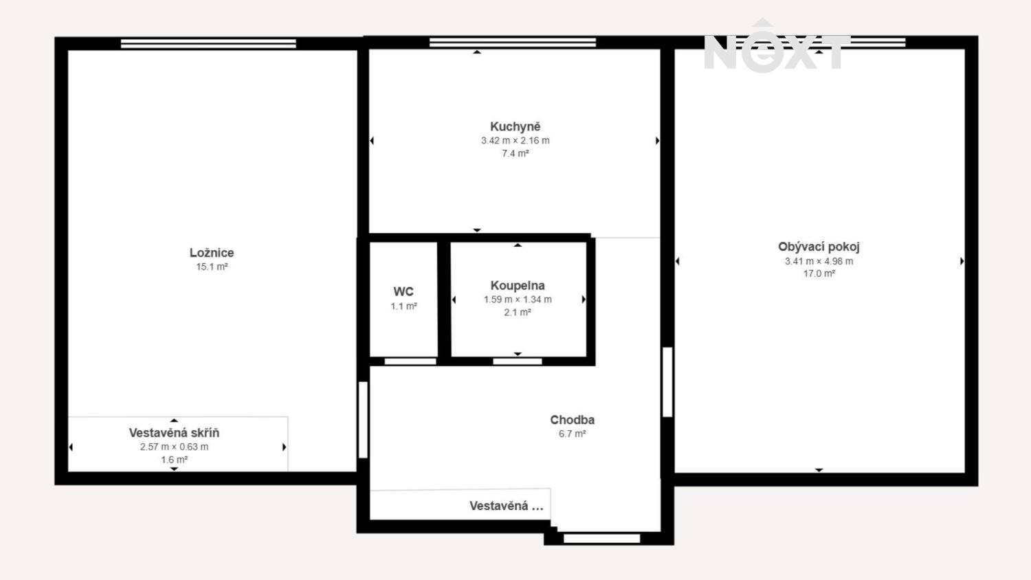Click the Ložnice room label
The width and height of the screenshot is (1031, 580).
[x=212, y=253]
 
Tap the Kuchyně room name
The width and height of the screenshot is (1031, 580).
[x=515, y=126]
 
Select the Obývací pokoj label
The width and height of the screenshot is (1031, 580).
[x=819, y=247]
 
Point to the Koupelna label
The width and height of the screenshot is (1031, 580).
[x=518, y=286]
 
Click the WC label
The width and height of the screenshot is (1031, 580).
[x=403, y=291]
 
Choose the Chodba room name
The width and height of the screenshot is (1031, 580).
[x=572, y=420]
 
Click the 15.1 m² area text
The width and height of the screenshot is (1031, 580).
[x=212, y=267]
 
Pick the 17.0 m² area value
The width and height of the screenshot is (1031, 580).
[x=819, y=274]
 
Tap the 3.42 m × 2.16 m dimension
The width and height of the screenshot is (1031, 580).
[x=515, y=140]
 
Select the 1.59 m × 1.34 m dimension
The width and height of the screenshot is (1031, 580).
[x=518, y=300]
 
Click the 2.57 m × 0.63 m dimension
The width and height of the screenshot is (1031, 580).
[x=174, y=447]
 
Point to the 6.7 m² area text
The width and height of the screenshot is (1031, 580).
[x=572, y=434]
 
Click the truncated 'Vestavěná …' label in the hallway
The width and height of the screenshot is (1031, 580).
[x=507, y=506]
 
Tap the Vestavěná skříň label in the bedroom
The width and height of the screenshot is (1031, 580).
[x=174, y=433]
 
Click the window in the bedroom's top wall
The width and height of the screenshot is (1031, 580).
[x=208, y=44]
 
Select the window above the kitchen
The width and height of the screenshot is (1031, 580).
[x=513, y=43]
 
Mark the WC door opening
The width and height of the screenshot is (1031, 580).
[x=410, y=361]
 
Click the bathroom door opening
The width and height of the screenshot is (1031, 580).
[x=518, y=361]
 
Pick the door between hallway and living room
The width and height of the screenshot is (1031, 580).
[x=667, y=382]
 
